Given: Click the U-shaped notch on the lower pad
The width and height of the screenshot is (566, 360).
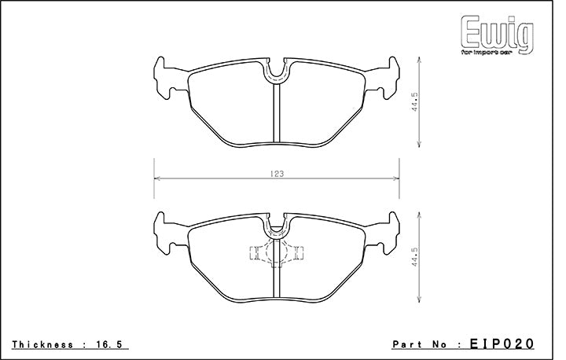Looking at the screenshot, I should (x=277, y=227).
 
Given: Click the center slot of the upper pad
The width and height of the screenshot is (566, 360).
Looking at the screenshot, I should (x=277, y=114).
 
